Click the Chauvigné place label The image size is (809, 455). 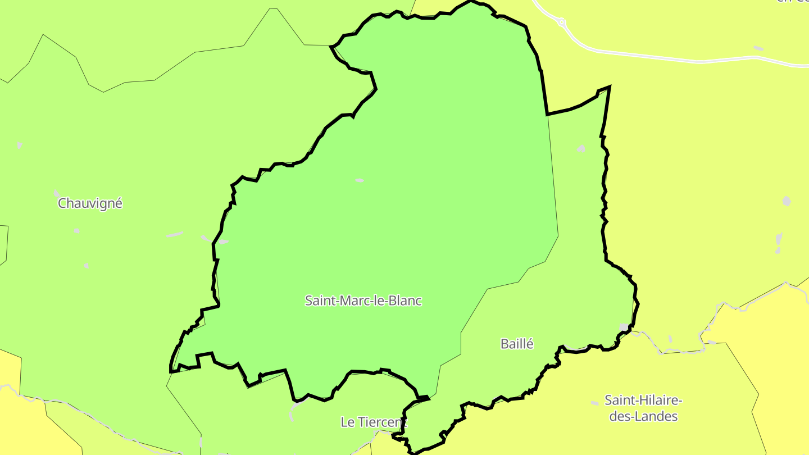click(x=90, y=203)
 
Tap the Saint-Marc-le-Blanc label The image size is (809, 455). click(x=363, y=301)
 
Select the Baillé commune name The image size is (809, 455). click(x=517, y=344)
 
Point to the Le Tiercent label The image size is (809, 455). click(x=373, y=422)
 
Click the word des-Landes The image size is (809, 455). click(x=643, y=416)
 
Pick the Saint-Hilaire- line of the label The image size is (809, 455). click(x=643, y=401)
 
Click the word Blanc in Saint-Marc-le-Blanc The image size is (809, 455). click(x=404, y=301)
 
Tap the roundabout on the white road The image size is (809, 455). click(x=561, y=22)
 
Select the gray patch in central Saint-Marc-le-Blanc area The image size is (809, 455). click(x=360, y=180)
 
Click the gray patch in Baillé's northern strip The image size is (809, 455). click(x=581, y=149)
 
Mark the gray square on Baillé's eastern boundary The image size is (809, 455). click(x=624, y=327)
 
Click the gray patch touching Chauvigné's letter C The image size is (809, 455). click(x=57, y=193)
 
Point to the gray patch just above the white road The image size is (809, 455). click(x=758, y=48)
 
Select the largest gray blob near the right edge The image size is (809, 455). click(x=787, y=201)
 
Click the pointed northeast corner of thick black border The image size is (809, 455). click(x=610, y=87)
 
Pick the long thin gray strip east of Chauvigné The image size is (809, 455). click(x=175, y=234)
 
